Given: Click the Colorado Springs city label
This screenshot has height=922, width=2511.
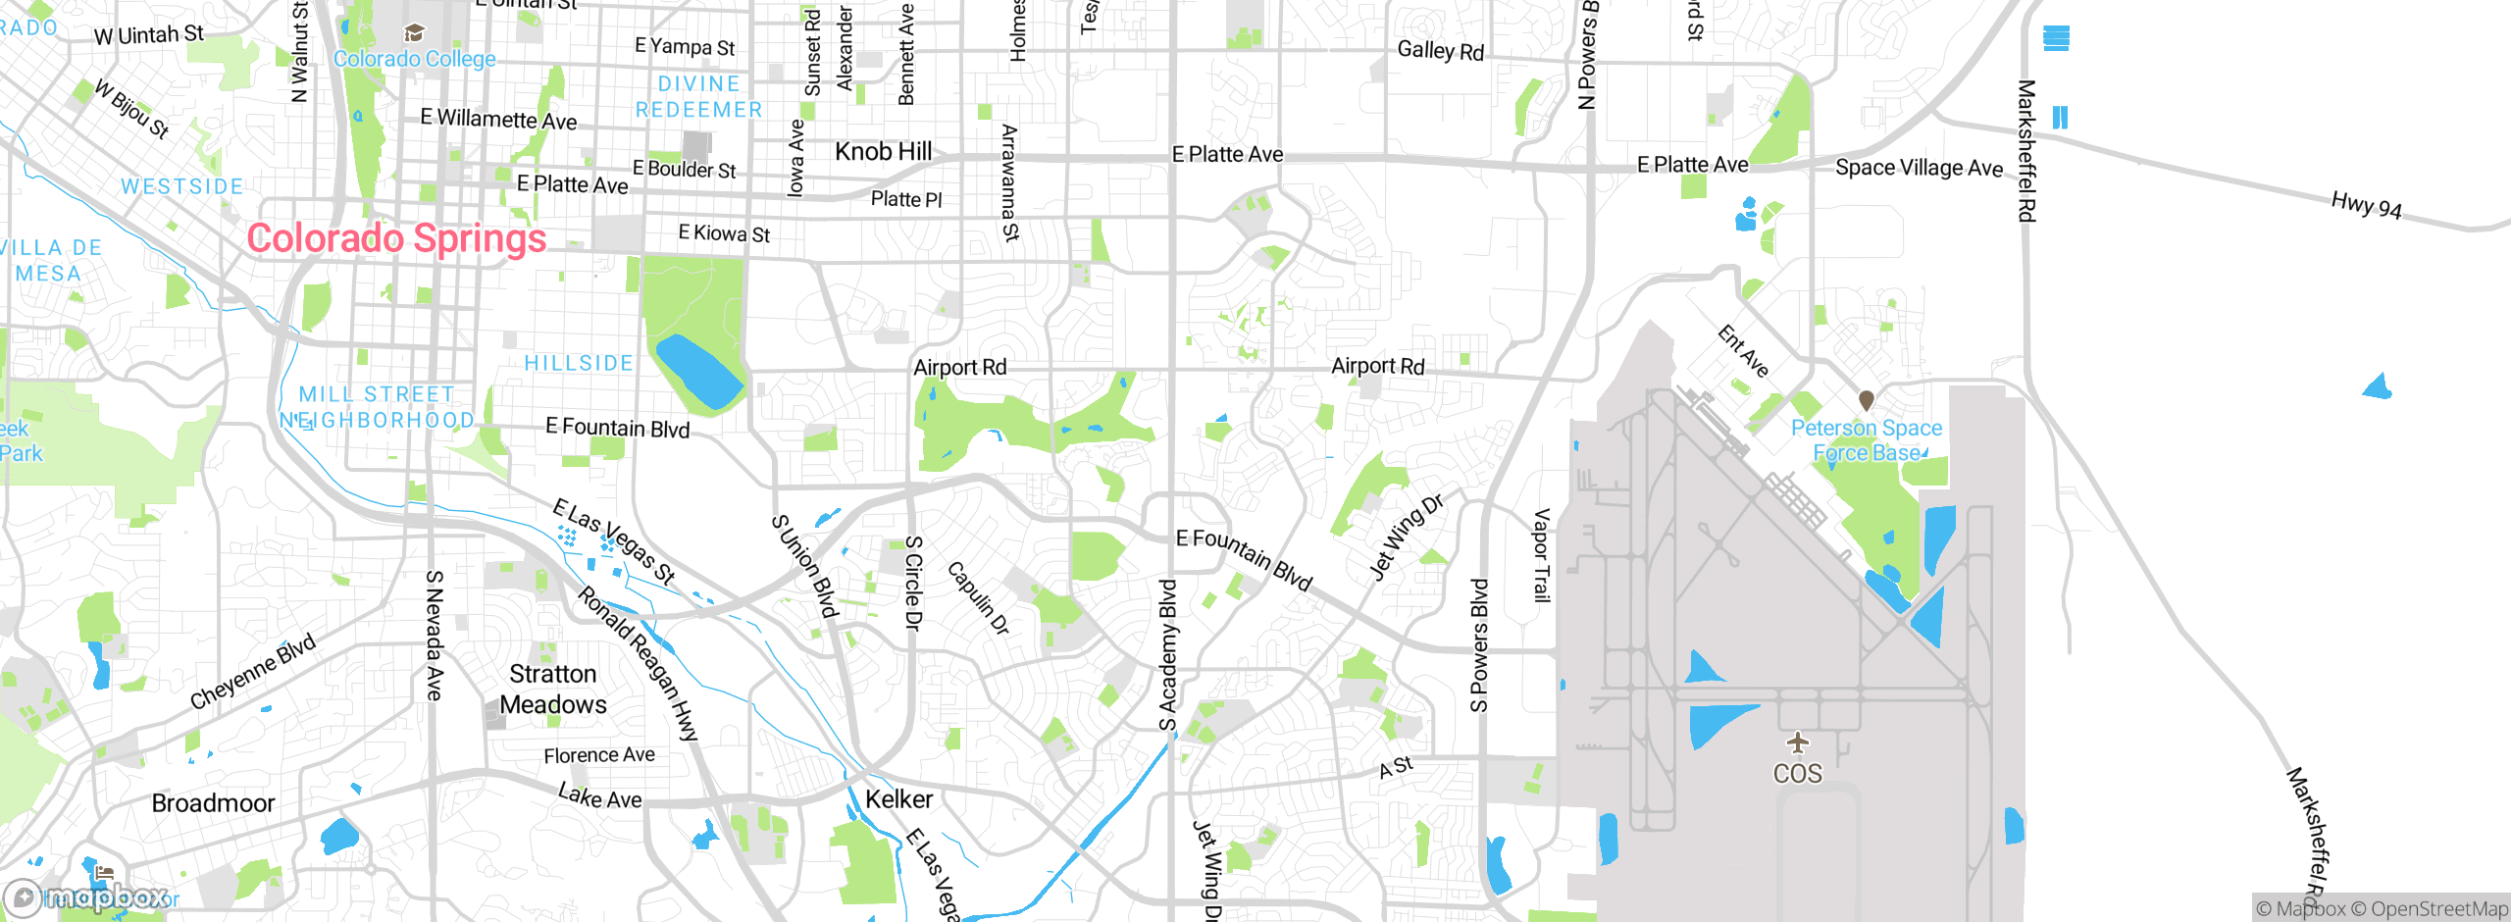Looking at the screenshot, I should pos(396,238).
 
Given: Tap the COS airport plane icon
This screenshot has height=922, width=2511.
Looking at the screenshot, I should pos(1797,743).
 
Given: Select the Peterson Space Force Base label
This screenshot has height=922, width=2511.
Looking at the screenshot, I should pos(1866,440).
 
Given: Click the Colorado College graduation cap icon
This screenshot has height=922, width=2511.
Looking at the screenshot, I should pos(414,34).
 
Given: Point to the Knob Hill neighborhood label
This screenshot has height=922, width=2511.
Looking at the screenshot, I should pos(883,152).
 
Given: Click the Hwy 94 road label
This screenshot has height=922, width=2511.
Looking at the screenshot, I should pos(2366,206).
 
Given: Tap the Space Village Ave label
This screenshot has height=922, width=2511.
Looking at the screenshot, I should pos(1918,168).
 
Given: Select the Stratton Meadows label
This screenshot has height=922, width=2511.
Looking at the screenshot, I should pos(553,689).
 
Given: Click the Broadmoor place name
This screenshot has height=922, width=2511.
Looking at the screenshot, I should pos(213,803).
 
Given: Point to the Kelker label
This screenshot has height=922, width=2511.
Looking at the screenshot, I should pos(898,799).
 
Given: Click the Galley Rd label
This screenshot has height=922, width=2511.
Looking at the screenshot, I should pos(1440,50).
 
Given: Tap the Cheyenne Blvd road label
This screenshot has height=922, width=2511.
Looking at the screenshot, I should pos(253,671).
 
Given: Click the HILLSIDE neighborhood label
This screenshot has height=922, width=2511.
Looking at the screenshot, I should pos(579,364).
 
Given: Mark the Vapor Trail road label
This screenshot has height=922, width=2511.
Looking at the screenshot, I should pos(1542,555).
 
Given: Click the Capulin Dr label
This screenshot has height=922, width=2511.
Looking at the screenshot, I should pos(978,598).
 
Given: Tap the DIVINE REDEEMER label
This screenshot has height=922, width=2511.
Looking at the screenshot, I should pos(698,97).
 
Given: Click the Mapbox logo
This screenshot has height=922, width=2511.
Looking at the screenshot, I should pos(88,897).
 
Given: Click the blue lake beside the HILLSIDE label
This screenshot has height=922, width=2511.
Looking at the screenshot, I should pos(698,371).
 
